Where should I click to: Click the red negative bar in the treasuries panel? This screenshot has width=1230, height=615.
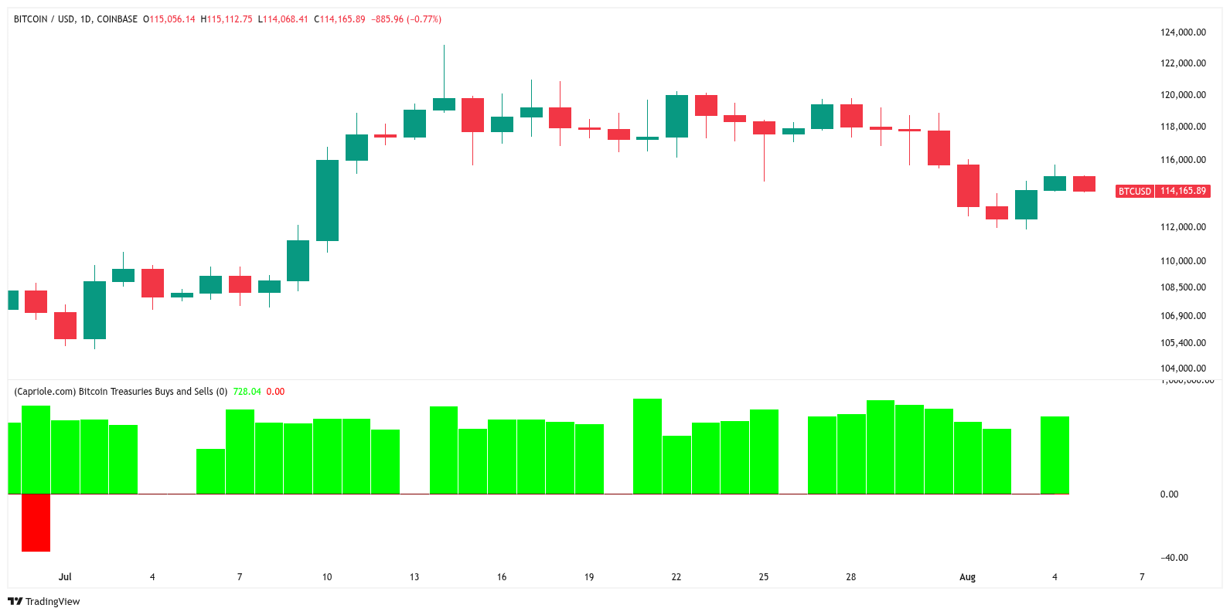coord(36,522)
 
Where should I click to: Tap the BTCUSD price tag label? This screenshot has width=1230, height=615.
coord(1134,191)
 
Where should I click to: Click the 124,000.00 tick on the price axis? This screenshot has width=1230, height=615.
coord(1183,32)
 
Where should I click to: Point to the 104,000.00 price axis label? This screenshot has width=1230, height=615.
coord(1183,369)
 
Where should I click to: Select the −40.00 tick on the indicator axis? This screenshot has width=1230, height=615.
coord(1174,558)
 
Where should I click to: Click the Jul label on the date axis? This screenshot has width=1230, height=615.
coord(65,577)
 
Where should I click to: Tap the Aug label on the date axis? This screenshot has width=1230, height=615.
coord(967,577)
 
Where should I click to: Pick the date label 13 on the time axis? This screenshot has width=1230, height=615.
coord(414,577)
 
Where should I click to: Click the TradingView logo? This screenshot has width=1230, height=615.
coord(44,601)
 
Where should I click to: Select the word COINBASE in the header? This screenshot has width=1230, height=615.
coord(117,19)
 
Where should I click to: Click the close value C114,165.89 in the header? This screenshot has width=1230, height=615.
coord(339,19)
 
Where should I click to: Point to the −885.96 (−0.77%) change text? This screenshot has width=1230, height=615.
coord(407,19)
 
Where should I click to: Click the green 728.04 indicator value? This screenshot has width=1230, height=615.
coord(247,392)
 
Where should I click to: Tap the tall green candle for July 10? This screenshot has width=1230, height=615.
coord(327,200)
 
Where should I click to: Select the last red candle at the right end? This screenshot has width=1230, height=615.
coord(1084,184)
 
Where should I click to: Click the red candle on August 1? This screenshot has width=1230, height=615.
coord(968,185)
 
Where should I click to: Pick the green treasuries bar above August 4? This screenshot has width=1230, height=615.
coord(1055,454)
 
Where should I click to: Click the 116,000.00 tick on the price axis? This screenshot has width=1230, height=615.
coord(1183,160)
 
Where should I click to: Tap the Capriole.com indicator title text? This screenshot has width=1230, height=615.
coord(120,392)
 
